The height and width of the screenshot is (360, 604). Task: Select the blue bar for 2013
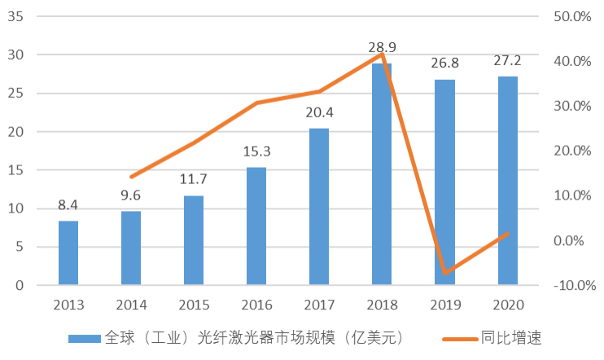[68, 252]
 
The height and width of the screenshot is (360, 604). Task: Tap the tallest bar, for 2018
[382, 174]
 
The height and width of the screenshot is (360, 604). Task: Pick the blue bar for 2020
[507, 181]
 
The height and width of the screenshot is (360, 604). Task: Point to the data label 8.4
[68, 205]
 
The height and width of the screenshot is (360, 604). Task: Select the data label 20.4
[319, 113]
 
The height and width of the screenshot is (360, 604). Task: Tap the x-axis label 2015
[194, 305]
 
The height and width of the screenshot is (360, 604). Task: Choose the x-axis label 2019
[444, 305]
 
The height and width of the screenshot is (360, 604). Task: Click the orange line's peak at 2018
[382, 55]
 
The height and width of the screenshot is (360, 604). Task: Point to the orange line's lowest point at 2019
[444, 273]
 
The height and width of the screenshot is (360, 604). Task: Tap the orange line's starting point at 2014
[131, 177]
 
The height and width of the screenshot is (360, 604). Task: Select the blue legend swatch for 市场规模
[83, 337]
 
